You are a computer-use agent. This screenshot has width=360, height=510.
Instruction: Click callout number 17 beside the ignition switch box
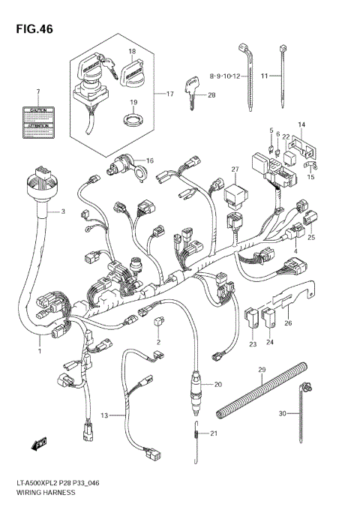tap(170, 94)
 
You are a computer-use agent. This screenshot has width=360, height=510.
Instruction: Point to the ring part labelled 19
tap(133, 118)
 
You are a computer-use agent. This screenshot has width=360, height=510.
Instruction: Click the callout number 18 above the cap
tap(131, 52)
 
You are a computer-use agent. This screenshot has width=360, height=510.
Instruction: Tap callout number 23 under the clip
tap(253, 343)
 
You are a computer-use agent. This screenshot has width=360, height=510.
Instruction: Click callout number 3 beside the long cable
tap(63, 211)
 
